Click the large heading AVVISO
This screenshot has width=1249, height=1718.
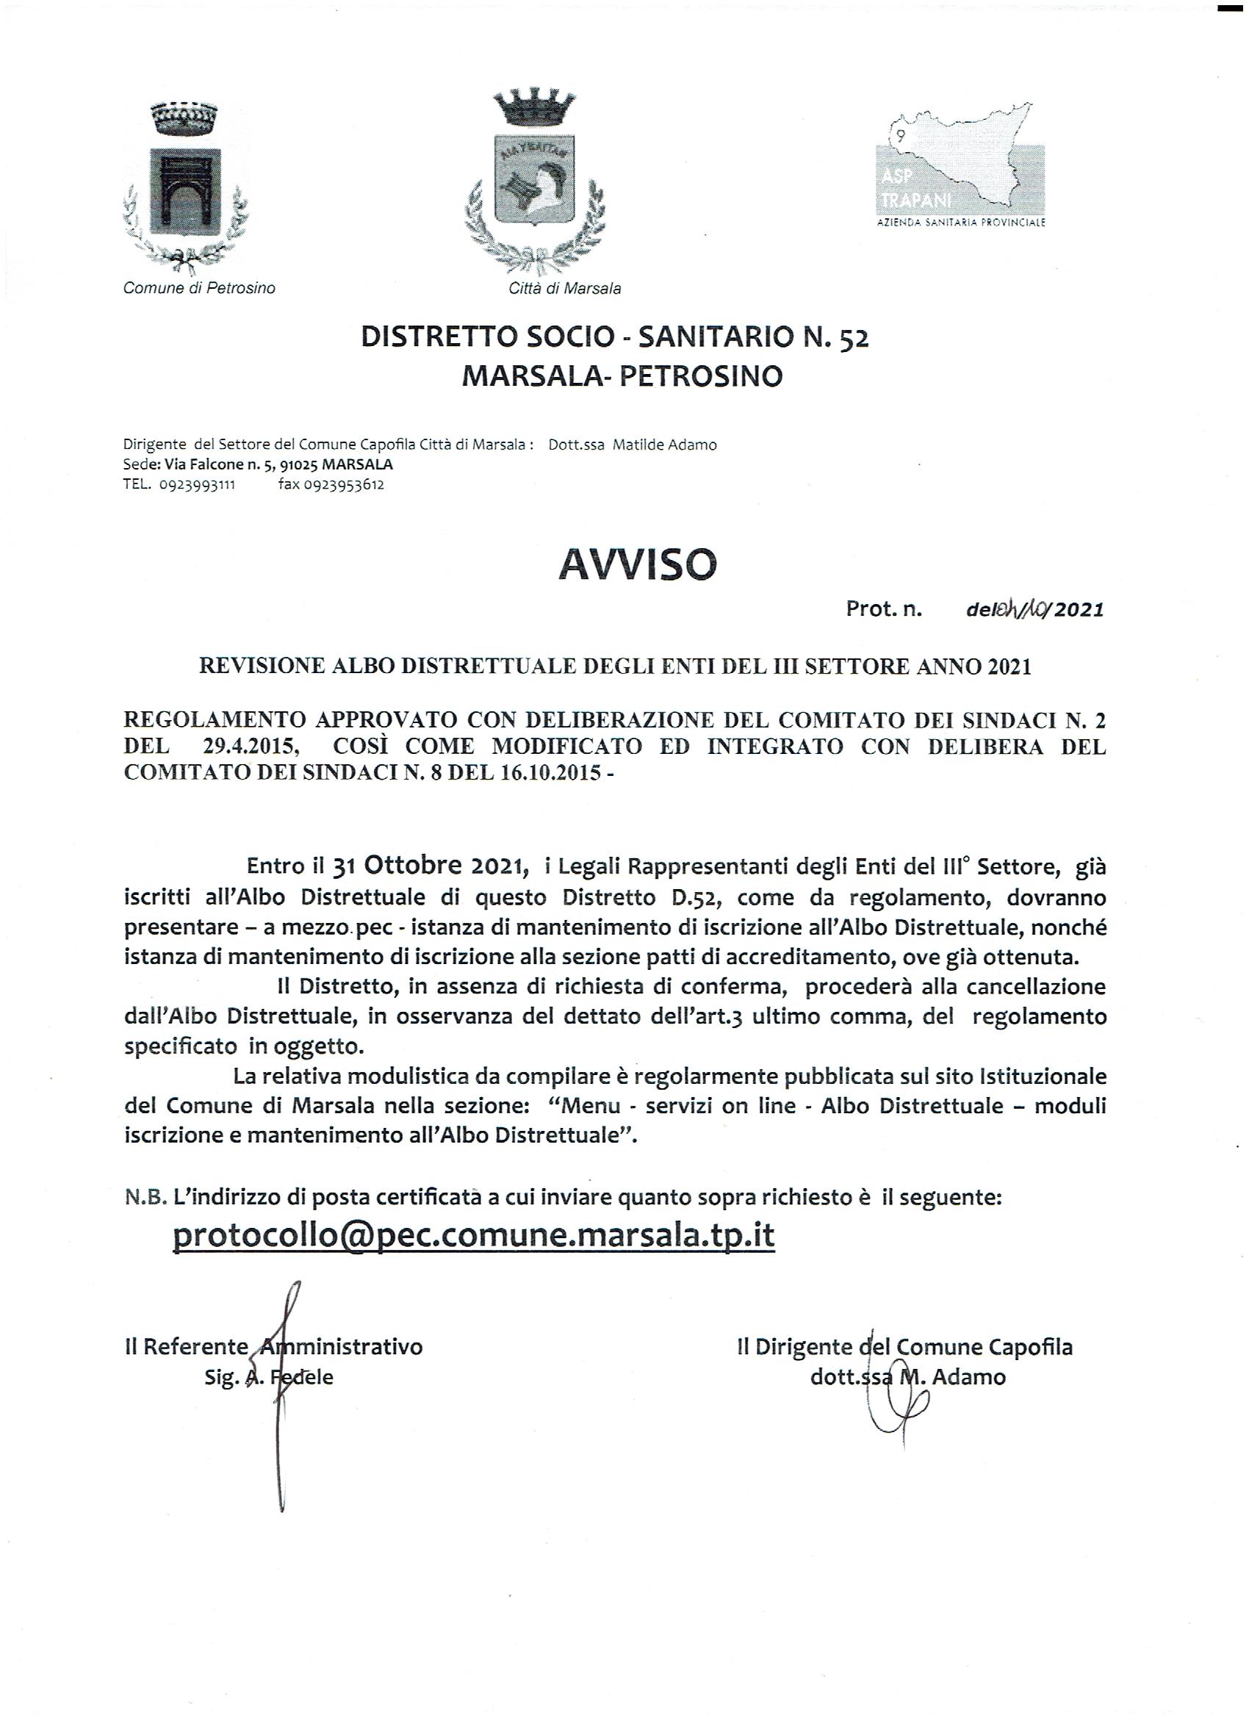point(637,564)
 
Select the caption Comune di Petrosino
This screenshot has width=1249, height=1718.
point(199,288)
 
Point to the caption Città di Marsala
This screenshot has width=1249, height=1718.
point(565,288)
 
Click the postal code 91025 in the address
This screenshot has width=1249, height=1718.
point(298,464)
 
